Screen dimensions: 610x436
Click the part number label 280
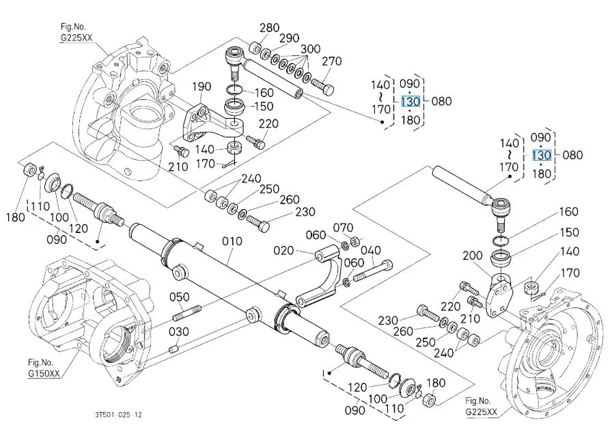(270, 27)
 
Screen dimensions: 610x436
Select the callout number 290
(290, 38)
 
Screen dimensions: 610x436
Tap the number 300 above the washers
(310, 49)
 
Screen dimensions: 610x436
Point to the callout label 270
(332, 61)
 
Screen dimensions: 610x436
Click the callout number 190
(202, 86)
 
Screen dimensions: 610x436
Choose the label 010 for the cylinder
(232, 241)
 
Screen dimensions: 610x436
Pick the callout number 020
(283, 250)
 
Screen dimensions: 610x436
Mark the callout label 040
(371, 250)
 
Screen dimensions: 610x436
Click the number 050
(180, 297)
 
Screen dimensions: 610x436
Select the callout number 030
(179, 331)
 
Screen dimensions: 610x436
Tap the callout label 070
(343, 228)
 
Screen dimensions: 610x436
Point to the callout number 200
(473, 256)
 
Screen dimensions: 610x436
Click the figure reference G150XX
(44, 373)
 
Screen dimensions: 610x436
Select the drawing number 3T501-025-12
(118, 415)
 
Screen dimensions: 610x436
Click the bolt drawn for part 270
(322, 86)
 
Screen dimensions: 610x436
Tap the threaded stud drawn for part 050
(187, 314)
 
